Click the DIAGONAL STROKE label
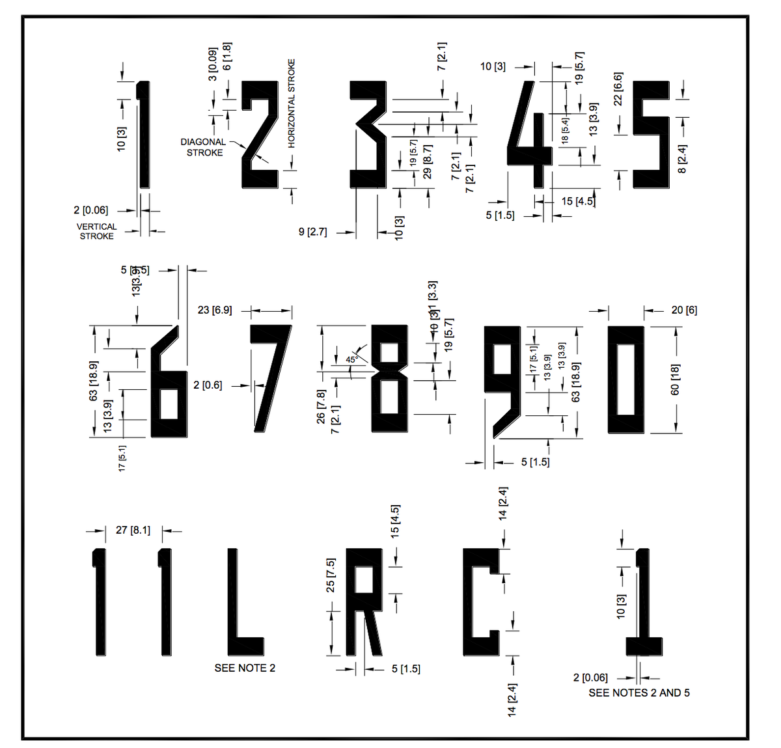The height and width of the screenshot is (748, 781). click(x=204, y=147)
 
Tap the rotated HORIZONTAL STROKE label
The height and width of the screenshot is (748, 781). click(x=292, y=104)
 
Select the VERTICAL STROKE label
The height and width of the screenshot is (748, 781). click(x=96, y=231)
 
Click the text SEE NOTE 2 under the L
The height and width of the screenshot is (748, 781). click(x=245, y=668)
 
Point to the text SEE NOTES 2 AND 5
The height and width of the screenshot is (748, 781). click(x=639, y=693)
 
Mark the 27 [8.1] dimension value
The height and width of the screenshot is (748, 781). click(x=133, y=530)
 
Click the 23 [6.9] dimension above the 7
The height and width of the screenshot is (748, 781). click(x=215, y=310)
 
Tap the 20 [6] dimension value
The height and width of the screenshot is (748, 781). click(x=684, y=310)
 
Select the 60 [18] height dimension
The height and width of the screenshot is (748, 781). click(x=675, y=380)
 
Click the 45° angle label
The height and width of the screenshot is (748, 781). click(x=351, y=359)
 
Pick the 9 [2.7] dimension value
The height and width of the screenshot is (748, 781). click(x=312, y=232)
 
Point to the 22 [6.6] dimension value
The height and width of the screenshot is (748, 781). click(x=618, y=89)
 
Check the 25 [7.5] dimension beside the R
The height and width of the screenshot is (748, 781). click(x=331, y=575)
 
